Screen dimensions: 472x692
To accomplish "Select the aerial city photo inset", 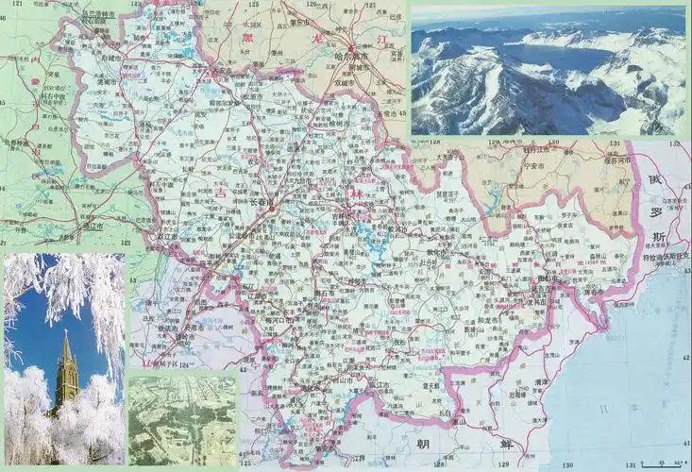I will click(x=182, y=419).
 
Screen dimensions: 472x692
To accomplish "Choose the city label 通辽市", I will click(x=91, y=227).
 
